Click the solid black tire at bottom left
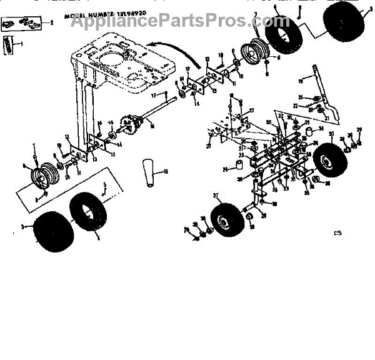coord(52,230)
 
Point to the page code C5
coord(338,234)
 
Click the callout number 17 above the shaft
coord(152,94)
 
